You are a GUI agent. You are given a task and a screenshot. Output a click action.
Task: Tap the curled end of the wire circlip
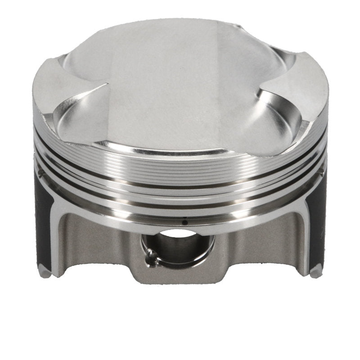pyautogui.click(x=152, y=258)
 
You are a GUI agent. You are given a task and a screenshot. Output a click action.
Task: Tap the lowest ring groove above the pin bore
pyautogui.click(x=180, y=205)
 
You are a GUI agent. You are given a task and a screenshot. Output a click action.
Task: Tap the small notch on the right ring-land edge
pyautogui.click(x=321, y=172)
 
